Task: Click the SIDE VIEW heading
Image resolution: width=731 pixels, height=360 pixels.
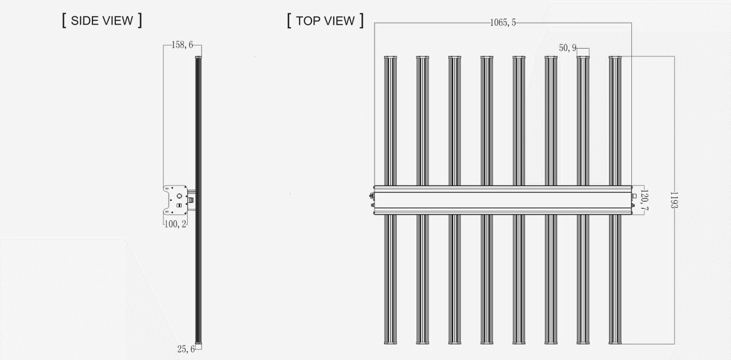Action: [x=102, y=20]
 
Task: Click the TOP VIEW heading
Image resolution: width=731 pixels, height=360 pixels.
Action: [x=325, y=20]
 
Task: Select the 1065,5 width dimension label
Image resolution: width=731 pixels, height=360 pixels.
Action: [x=503, y=23]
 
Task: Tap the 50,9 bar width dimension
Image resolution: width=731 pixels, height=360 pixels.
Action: [x=568, y=48]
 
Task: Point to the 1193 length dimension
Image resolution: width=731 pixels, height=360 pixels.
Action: [x=673, y=200]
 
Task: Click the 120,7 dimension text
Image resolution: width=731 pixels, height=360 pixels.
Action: [x=644, y=200]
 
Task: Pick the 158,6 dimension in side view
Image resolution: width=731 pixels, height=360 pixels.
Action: [x=182, y=45]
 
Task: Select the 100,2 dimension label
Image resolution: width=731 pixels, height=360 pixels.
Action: [x=175, y=224]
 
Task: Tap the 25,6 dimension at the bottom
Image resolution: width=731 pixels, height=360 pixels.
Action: [x=186, y=349]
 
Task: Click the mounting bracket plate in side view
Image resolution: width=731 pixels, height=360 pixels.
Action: [x=175, y=200]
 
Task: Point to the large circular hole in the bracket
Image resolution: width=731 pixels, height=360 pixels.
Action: [x=179, y=196]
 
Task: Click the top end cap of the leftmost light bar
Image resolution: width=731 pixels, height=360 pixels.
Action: [x=390, y=58]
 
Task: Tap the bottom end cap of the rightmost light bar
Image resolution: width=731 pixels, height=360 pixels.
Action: [x=615, y=343]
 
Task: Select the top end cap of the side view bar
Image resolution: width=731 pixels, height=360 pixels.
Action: [x=199, y=58]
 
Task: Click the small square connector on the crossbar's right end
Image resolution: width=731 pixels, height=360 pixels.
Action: [x=634, y=196]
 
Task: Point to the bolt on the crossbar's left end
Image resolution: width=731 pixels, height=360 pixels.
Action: [x=372, y=196]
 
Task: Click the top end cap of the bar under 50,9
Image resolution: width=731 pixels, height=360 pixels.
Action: [x=583, y=58]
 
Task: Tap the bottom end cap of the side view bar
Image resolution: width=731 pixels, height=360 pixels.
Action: [x=199, y=343]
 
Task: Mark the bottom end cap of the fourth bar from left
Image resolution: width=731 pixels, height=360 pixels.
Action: [x=487, y=343]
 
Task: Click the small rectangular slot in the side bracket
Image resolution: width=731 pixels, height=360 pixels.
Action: [x=179, y=206]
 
